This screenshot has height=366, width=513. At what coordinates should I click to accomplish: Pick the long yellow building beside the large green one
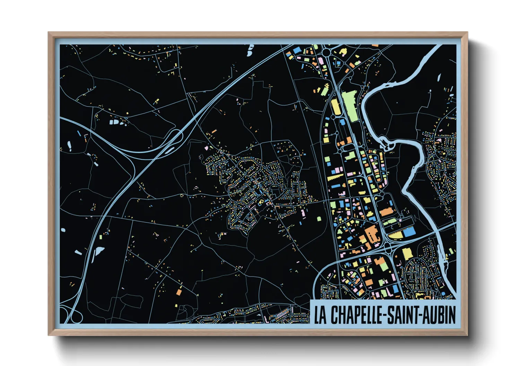(x=336, y=107)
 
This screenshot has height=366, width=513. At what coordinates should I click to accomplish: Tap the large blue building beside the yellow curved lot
(x=409, y=231)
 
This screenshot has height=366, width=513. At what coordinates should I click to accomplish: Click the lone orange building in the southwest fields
(x=179, y=292)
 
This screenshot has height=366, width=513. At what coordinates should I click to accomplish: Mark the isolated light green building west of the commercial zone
(x=319, y=219)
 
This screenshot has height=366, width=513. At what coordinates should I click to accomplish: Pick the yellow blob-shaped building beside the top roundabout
(x=343, y=52)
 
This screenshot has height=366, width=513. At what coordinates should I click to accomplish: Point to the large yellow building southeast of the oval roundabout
(x=408, y=254)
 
